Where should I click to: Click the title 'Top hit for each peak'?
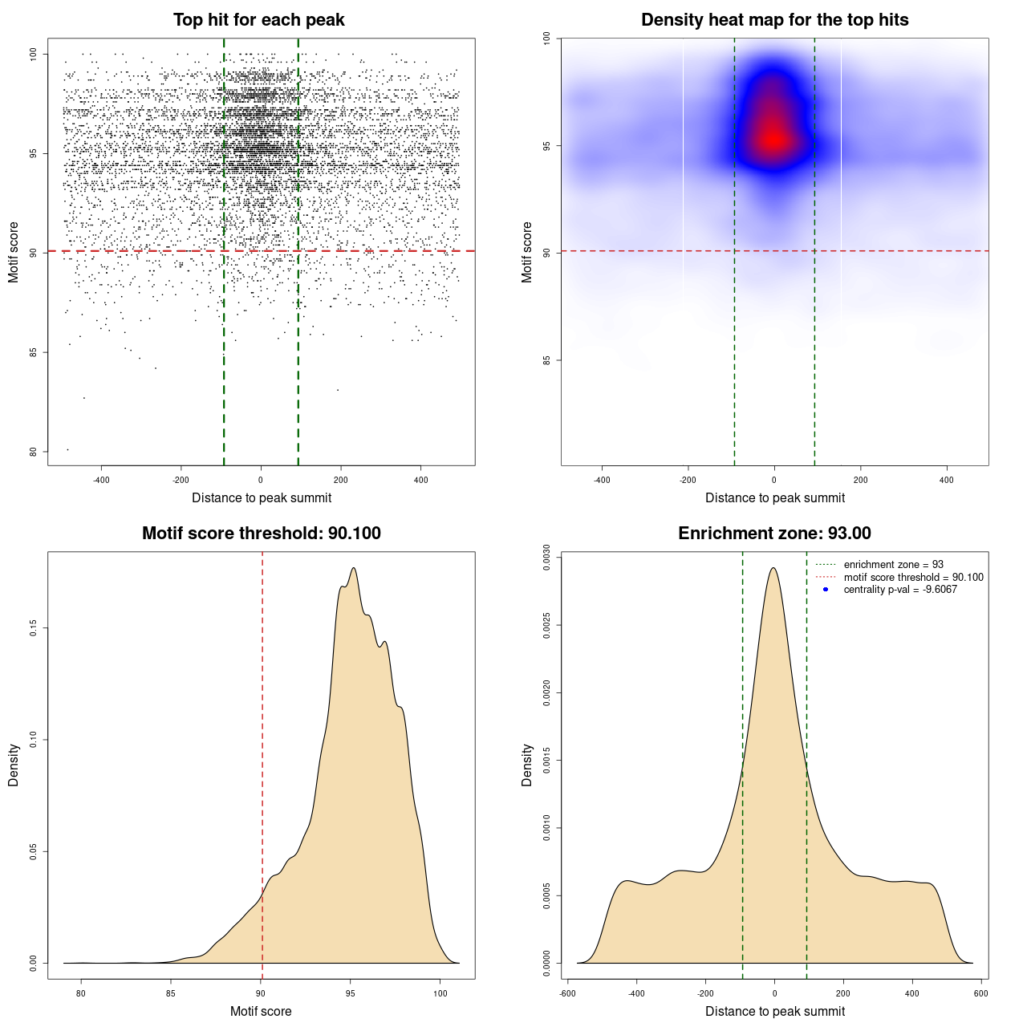pyautogui.click(x=258, y=20)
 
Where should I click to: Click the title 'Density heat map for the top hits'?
pyautogui.click(x=774, y=20)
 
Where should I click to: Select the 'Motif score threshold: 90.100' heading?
pyautogui.click(x=261, y=534)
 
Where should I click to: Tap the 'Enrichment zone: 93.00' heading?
pyautogui.click(x=774, y=534)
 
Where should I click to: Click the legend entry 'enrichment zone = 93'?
pyautogui.click(x=893, y=565)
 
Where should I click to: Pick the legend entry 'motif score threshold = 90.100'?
pyautogui.click(x=913, y=577)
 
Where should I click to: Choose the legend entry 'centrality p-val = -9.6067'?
pyautogui.click(x=900, y=590)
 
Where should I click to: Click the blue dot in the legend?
pyautogui.click(x=826, y=590)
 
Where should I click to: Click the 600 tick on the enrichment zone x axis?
pyautogui.click(x=981, y=993)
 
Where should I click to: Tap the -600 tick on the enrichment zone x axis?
pyautogui.click(x=567, y=993)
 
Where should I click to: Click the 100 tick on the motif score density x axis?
pyautogui.click(x=440, y=993)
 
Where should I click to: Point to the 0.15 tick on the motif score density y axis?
pyautogui.click(x=34, y=627)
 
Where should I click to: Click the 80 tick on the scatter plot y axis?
pyautogui.click(x=34, y=452)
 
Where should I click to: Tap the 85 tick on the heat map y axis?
pyautogui.click(x=547, y=360)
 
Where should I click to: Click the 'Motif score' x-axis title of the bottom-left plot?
pyautogui.click(x=261, y=1011)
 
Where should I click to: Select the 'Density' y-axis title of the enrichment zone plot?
pyautogui.click(x=527, y=765)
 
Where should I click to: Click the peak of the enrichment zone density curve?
pyautogui.click(x=773, y=568)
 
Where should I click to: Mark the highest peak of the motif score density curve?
pyautogui.click(x=353, y=568)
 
